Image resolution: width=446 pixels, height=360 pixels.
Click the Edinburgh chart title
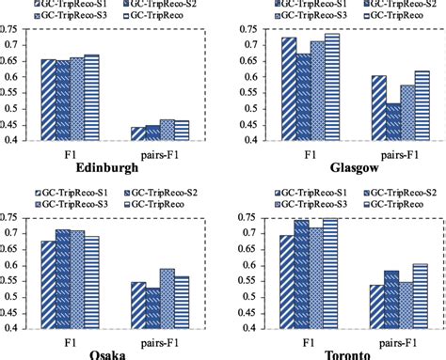[x=115, y=167]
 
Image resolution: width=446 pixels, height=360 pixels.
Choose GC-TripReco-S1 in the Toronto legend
[x=305, y=191]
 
